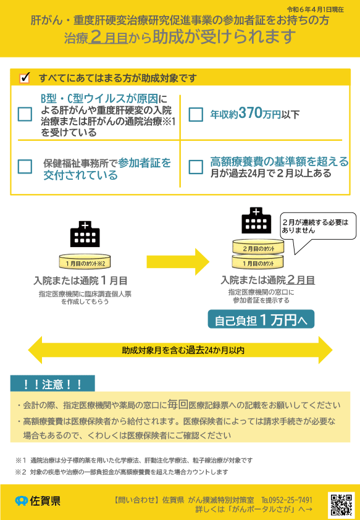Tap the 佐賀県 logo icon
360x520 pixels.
(22, 501)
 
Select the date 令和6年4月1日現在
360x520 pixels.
(316, 9)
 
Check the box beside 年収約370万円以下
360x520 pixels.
(196, 114)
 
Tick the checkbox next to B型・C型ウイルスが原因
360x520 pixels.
(25, 114)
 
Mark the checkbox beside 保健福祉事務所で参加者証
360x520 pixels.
(25, 167)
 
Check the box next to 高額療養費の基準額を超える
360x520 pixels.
(196, 167)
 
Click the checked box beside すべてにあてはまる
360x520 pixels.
(25, 78)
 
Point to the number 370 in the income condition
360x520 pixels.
(250, 113)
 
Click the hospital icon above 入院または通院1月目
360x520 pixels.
(85, 234)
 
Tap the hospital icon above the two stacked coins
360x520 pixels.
(256, 220)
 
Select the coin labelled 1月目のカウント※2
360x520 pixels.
(85, 262)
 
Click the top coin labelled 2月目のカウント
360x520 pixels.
(258, 247)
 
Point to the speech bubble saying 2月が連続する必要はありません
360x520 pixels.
(318, 229)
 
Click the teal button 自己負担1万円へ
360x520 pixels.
(261, 319)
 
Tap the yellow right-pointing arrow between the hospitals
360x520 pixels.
(178, 262)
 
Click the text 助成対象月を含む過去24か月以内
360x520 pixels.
(183, 350)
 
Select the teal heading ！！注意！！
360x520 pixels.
(52, 384)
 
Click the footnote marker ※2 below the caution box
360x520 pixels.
(20, 472)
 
